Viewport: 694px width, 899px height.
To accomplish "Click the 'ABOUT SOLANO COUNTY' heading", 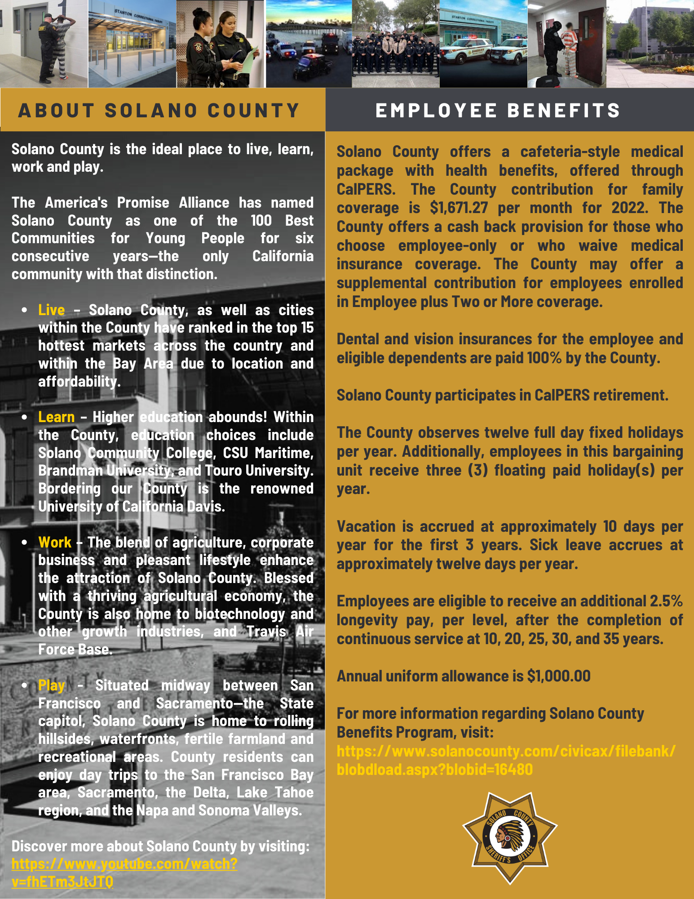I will pyautogui.click(x=159, y=111).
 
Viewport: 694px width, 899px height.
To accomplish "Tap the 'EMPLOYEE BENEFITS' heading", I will pyautogui.click(x=498, y=111).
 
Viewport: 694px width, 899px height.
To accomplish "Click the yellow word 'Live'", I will pyautogui.click(x=51, y=310).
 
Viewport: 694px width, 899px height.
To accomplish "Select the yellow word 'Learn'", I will pyautogui.click(x=56, y=417).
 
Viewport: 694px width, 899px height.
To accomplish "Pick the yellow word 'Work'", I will pyautogui.click(x=55, y=543).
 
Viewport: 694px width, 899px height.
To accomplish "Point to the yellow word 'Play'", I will pyautogui.click(x=52, y=685).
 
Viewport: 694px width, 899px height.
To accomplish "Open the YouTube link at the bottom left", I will pyautogui.click(x=124, y=873).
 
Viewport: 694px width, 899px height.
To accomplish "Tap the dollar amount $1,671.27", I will pyautogui.click(x=459, y=208).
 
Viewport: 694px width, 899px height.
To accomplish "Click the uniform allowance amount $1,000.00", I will pyautogui.click(x=559, y=676).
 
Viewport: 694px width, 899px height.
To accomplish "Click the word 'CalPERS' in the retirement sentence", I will pyautogui.click(x=561, y=396).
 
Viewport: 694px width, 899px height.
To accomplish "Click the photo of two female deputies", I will pyautogui.click(x=220, y=44).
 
